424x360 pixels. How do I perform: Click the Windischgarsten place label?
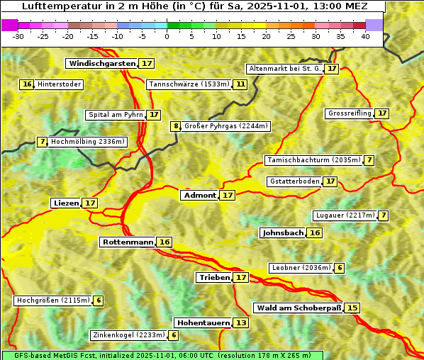pyautogui.click(x=101, y=63)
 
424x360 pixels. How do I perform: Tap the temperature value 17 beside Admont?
pyautogui.click(x=227, y=195)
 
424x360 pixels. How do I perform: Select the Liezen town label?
pyautogui.click(x=66, y=203)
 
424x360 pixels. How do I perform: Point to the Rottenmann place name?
pyautogui.click(x=128, y=242)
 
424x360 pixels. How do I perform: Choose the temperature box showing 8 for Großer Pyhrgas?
pyautogui.click(x=176, y=126)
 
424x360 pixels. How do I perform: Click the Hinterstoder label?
pyautogui.click(x=60, y=84)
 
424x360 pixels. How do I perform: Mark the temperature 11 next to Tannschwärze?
pyautogui.click(x=240, y=84)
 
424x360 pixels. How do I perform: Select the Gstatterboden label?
pyautogui.click(x=294, y=181)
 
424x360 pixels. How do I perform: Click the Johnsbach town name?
pyautogui.click(x=283, y=232)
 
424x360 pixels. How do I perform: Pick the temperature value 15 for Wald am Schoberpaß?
pyautogui.click(x=352, y=308)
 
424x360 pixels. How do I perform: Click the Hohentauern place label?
pyautogui.click(x=203, y=322)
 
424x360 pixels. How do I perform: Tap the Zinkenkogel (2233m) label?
pyautogui.click(x=128, y=335)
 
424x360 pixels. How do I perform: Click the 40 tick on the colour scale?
pyautogui.click(x=365, y=36)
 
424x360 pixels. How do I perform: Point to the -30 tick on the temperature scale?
pyautogui.click(x=18, y=36)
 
